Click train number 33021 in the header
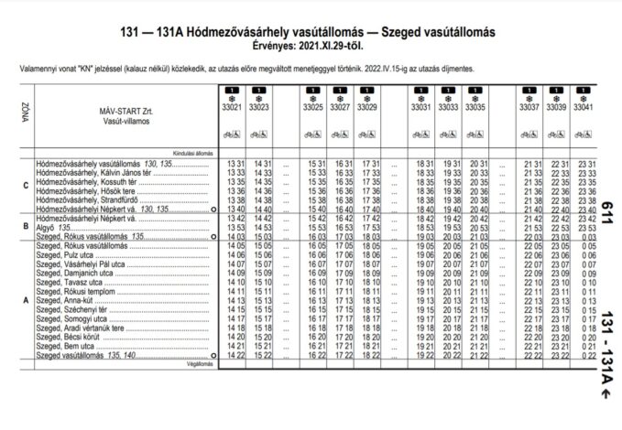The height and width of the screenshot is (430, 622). [232, 107]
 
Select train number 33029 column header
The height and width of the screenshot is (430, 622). [367, 107]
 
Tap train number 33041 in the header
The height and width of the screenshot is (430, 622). [584, 107]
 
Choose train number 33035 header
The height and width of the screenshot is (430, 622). [475, 107]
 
